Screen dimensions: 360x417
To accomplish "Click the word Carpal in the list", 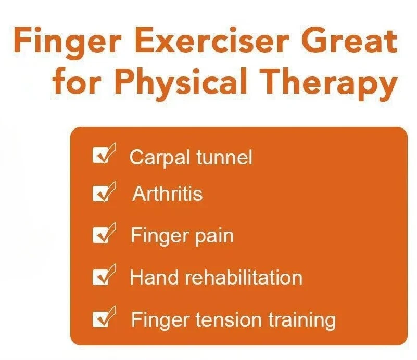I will [158, 157].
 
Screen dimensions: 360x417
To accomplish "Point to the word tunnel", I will [222, 156].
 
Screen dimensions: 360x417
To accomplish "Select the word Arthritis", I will [167, 194].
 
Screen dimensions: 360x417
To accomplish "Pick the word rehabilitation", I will [244, 277].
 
